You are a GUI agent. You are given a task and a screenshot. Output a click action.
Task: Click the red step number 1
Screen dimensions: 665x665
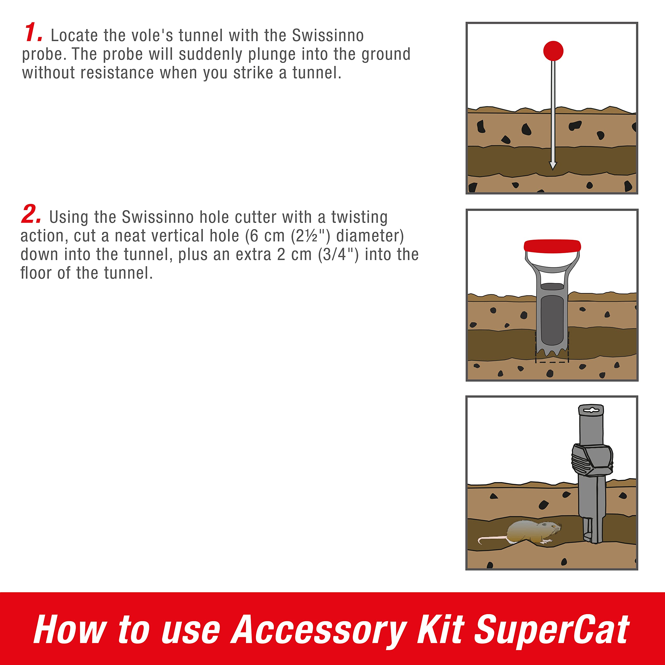34,33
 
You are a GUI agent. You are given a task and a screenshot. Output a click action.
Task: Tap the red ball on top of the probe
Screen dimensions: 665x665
553,51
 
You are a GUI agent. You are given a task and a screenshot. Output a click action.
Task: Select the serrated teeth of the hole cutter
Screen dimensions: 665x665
552,352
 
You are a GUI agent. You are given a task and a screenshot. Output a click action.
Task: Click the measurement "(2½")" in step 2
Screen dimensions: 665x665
310,236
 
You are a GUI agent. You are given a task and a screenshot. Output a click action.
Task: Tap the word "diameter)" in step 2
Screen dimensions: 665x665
370,236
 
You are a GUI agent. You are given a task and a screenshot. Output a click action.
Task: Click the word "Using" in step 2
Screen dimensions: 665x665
69,217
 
